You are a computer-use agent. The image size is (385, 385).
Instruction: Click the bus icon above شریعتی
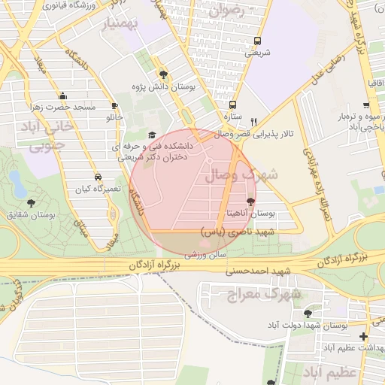[x=258, y=41]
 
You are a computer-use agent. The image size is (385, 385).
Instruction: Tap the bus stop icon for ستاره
[x=232, y=105]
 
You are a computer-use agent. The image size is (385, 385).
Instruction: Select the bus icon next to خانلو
[x=114, y=106]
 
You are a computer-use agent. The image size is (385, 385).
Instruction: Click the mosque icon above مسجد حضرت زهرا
[x=62, y=95]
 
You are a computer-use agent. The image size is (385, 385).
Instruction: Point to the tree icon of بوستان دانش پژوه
[x=164, y=74]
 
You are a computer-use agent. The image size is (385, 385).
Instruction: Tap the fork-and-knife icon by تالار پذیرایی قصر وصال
[x=253, y=122]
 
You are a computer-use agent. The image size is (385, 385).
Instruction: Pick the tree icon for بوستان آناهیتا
[x=250, y=202]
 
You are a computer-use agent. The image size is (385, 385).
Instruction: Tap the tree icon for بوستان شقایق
[x=31, y=202]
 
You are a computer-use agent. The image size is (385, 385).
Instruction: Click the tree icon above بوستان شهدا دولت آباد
[x=307, y=314]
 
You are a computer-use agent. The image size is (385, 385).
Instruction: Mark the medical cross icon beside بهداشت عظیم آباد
[x=364, y=336]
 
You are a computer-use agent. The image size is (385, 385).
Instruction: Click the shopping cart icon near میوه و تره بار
[x=365, y=106]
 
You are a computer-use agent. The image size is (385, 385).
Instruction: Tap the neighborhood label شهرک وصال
[x=251, y=174]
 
